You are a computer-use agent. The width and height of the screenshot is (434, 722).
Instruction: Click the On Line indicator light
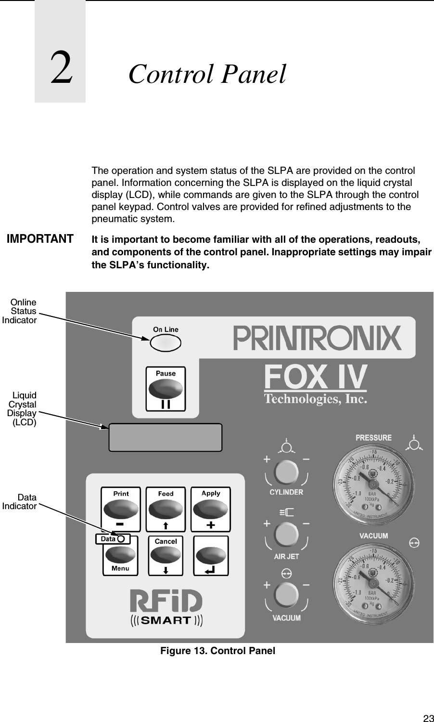tap(166, 342)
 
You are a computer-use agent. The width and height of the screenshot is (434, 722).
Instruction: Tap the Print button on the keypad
tap(121, 509)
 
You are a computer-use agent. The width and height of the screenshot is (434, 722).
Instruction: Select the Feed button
tap(166, 509)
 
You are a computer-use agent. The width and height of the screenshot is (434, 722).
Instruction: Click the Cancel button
tap(166, 555)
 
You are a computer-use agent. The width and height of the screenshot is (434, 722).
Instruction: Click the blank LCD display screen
tap(166, 437)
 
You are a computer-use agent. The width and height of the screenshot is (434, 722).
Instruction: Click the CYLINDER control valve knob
tap(286, 472)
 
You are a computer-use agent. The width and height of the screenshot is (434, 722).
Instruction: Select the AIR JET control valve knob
tap(286, 535)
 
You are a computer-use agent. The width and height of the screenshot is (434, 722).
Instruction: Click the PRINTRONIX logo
tap(318, 338)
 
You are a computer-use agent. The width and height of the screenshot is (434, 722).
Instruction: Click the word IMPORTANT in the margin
tap(40, 239)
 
